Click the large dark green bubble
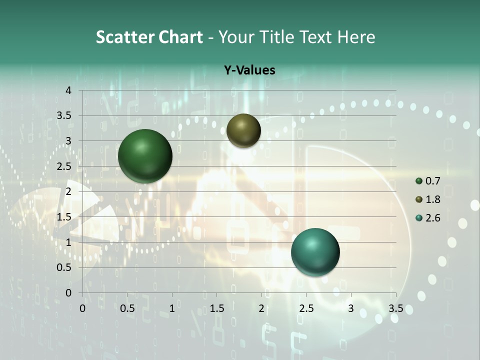145,156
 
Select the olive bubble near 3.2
243,130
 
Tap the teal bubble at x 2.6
315,252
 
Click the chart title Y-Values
249,70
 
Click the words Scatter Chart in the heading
149,37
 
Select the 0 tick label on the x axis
82,308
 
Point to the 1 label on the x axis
172,308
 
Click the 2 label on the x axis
261,308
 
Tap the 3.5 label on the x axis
396,308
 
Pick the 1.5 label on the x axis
216,308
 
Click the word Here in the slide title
356,37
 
